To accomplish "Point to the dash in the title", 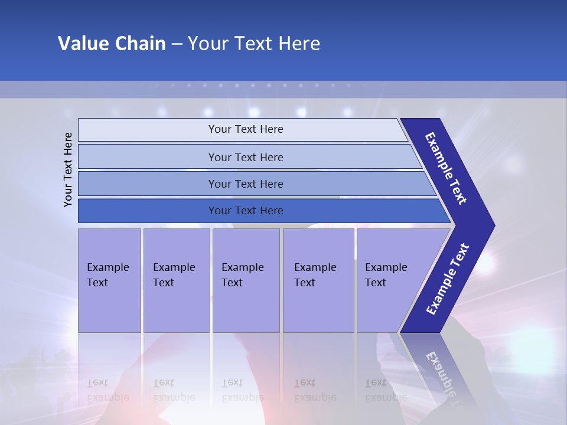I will pyautogui.click(x=177, y=44).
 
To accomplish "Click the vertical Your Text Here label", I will pyautogui.click(x=68, y=169).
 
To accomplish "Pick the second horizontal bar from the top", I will pyautogui.click(x=245, y=157).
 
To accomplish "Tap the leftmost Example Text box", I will pyautogui.click(x=109, y=280).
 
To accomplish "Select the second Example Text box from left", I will pyautogui.click(x=176, y=280).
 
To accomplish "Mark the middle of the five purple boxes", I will pyautogui.click(x=246, y=280).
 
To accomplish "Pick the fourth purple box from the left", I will pyautogui.click(x=318, y=280).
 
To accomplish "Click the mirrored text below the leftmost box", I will pyautogui.click(x=108, y=390).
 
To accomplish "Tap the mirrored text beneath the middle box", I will pyautogui.click(x=242, y=390).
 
